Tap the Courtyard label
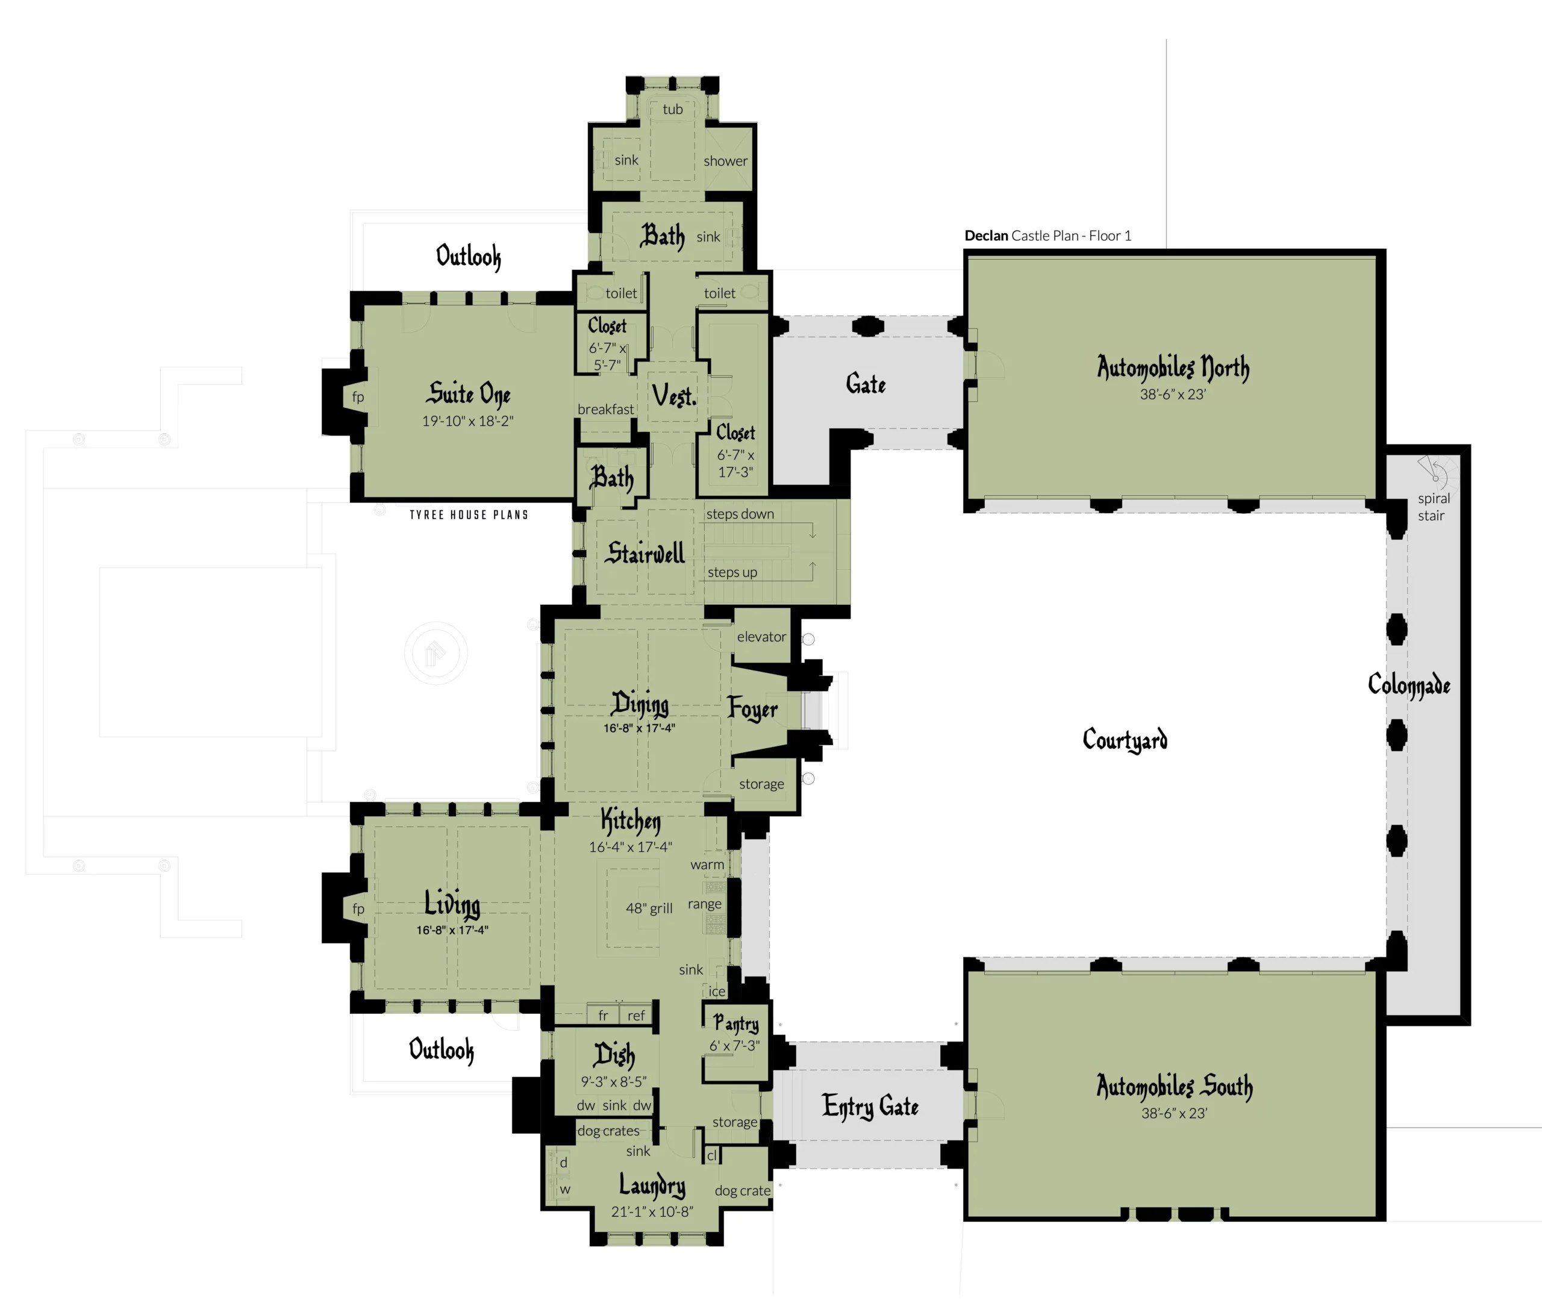click(1125, 739)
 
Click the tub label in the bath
click(672, 109)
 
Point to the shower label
click(725, 161)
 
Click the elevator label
click(761, 637)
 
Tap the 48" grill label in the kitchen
click(649, 908)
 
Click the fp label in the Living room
click(358, 908)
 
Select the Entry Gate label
click(870, 1106)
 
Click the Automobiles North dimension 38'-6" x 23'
click(1173, 395)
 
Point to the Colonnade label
click(1408, 685)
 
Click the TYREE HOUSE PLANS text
click(469, 515)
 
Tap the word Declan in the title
click(986, 236)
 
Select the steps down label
click(740, 514)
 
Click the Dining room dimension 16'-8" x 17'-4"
click(639, 728)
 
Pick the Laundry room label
click(652, 1185)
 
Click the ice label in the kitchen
click(717, 992)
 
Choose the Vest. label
click(673, 396)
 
